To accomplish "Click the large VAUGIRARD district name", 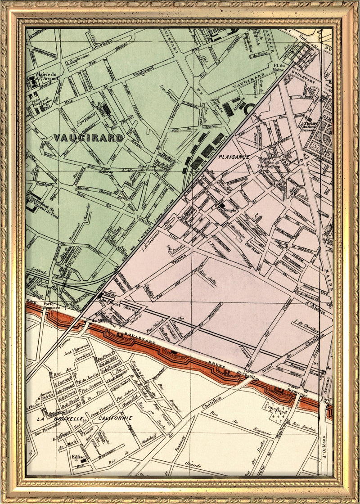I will [88, 138].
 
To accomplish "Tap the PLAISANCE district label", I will [234, 157].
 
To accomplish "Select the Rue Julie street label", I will [208, 278].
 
